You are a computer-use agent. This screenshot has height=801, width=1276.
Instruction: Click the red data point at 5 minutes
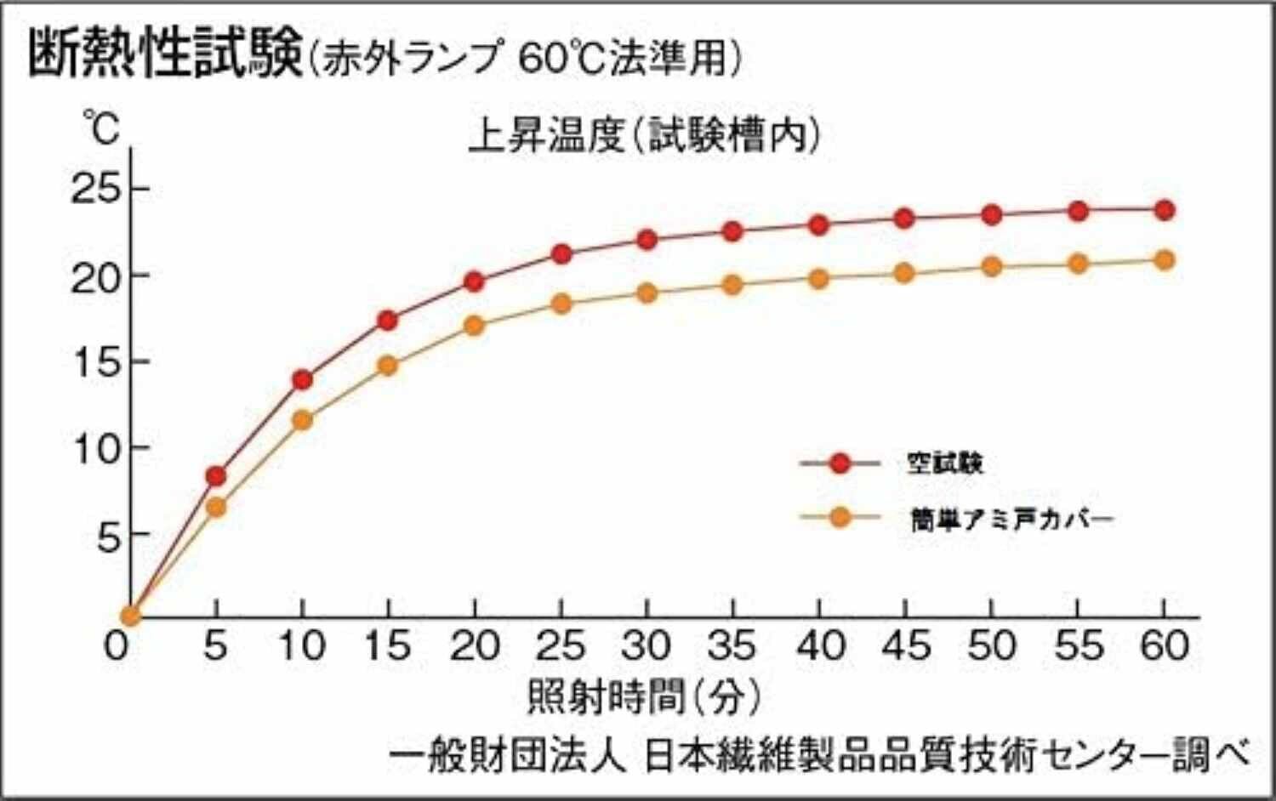click(216, 475)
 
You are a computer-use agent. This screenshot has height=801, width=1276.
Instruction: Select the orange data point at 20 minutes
click(475, 325)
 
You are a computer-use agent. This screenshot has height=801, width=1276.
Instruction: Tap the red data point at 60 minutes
click(1165, 210)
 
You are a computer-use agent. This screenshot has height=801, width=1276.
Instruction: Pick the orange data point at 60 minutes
click(1165, 259)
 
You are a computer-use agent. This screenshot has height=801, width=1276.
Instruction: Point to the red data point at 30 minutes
click(647, 240)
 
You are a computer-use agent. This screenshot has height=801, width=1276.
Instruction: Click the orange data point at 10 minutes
click(302, 420)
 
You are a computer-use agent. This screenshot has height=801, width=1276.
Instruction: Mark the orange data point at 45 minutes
click(904, 273)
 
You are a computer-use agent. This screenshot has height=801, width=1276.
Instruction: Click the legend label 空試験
click(944, 463)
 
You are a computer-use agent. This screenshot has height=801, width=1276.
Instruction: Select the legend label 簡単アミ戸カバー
click(1011, 518)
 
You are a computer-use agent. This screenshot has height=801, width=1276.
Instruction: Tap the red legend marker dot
click(840, 463)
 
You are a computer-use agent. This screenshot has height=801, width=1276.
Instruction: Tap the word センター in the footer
click(1093, 755)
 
